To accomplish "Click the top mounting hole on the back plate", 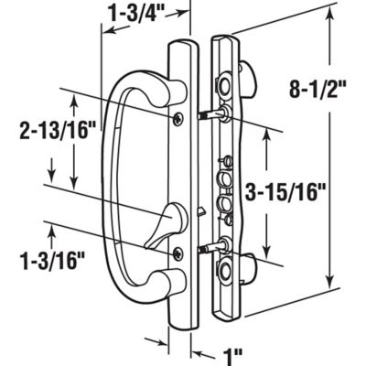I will tap(223, 84).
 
